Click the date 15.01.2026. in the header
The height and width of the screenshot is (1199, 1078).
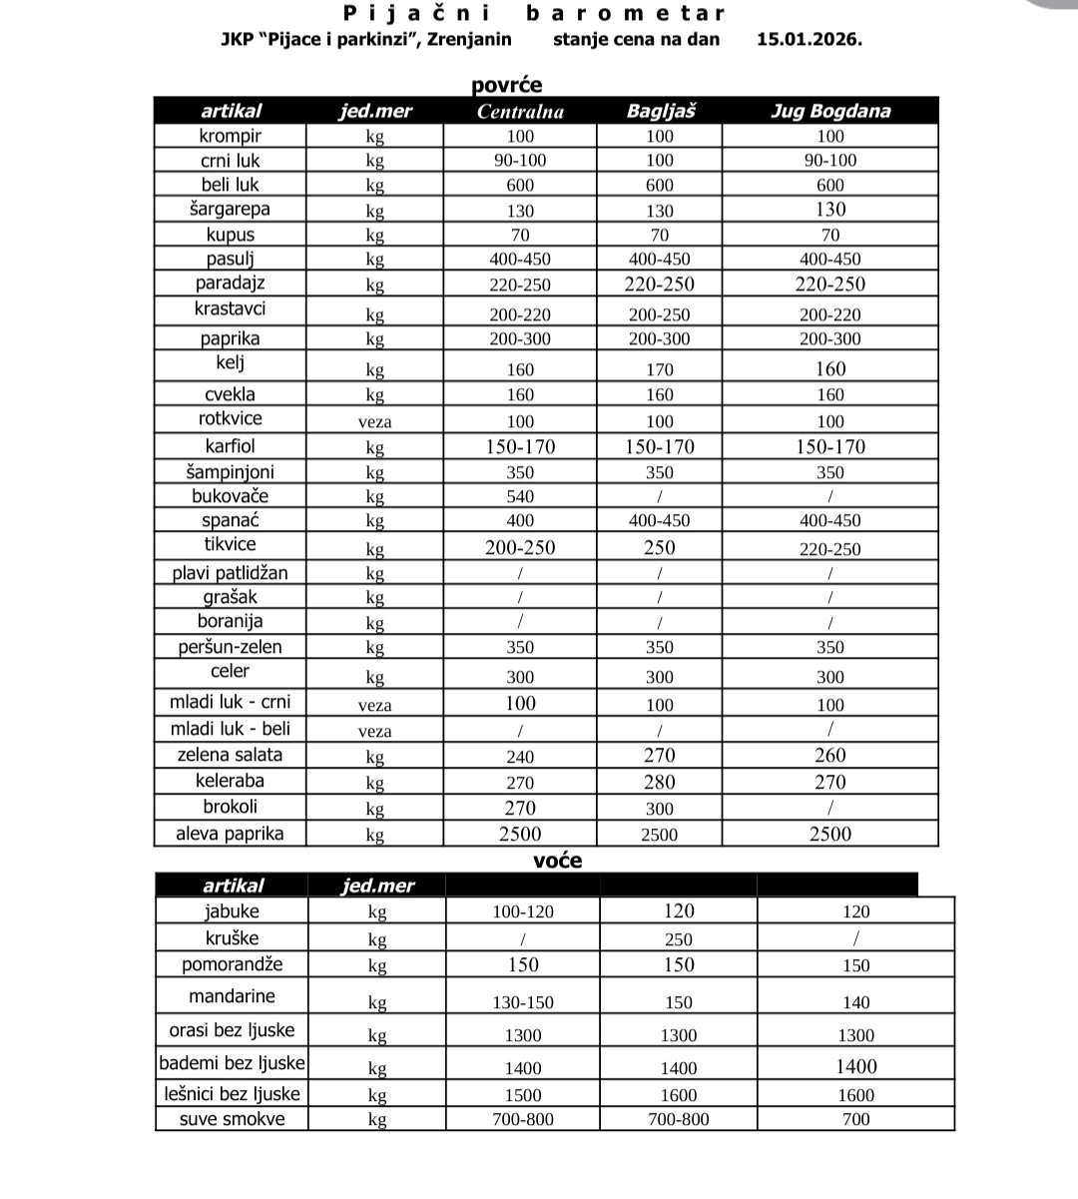pos(808,40)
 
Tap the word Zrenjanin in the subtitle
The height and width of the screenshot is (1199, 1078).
pos(469,40)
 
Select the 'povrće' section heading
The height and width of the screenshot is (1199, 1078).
pos(507,85)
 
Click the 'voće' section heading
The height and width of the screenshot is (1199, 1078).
pos(558,861)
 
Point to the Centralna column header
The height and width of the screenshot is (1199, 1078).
pos(520,111)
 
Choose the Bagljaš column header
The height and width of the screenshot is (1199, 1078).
pos(660,111)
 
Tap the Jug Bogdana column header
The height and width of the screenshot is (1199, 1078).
pos(829,111)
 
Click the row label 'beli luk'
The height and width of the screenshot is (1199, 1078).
pos(230,185)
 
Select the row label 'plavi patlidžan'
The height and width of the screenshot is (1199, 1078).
pos(230,573)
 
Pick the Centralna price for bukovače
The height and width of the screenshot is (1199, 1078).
pos(520,496)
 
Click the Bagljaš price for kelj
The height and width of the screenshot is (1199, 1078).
pos(660,369)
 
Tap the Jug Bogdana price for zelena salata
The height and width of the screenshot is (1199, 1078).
pos(829,756)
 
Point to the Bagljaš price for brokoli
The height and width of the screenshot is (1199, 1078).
pos(660,809)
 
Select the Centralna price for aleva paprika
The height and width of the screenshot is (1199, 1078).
pos(520,835)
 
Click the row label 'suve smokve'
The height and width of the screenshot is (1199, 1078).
pos(232,1119)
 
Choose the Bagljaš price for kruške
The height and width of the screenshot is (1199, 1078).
pos(679,939)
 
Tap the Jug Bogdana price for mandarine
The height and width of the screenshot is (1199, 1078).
pos(855,1002)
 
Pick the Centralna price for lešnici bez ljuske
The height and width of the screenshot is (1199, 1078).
pos(523,1095)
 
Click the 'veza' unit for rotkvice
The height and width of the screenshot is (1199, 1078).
pos(374,421)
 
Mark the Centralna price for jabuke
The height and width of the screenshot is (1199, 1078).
pos(523,911)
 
